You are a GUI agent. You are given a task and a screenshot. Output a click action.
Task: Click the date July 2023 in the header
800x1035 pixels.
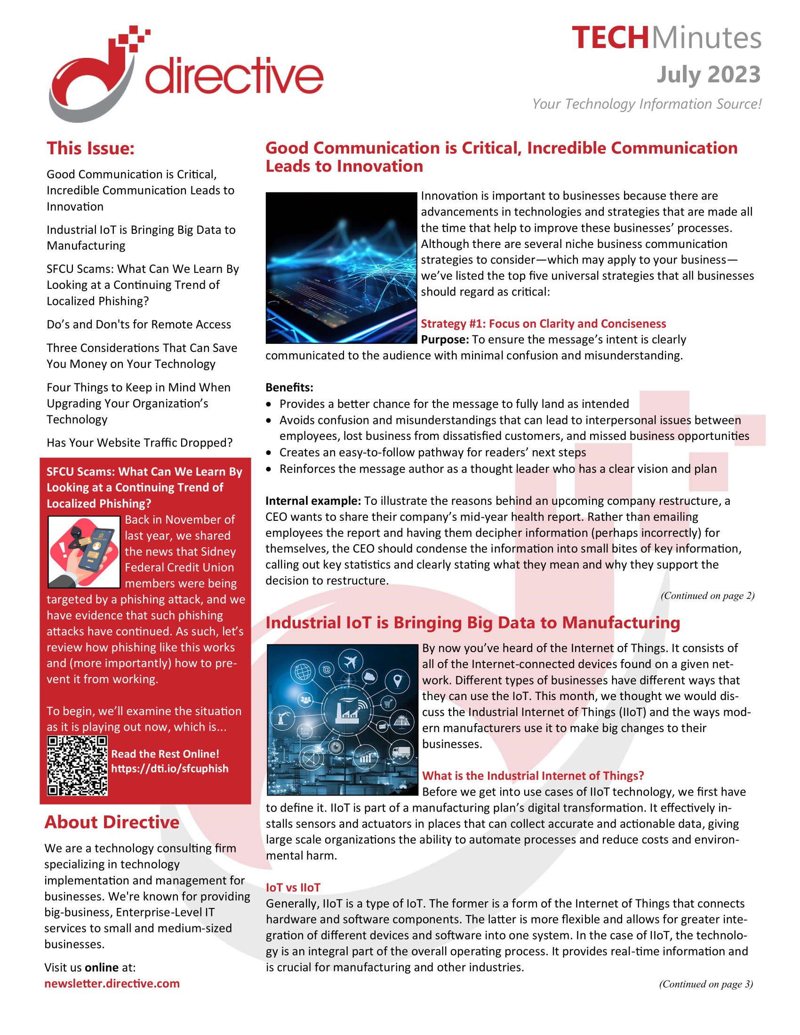coord(708,75)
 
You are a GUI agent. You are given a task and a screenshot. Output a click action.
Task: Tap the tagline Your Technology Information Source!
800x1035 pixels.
coord(647,104)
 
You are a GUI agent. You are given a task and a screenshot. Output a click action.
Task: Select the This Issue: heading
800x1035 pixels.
coord(90,148)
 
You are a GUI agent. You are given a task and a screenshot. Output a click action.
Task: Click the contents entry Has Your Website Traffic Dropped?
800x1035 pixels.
coord(139,443)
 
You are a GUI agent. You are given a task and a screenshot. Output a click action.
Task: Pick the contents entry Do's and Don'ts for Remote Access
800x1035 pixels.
coord(138,324)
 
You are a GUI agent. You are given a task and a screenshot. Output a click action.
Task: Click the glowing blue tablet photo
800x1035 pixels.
coord(341,267)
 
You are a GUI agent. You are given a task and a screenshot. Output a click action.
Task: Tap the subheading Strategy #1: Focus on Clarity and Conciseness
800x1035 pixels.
coord(543,324)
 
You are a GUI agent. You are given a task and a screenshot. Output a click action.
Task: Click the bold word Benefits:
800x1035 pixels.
coord(289,388)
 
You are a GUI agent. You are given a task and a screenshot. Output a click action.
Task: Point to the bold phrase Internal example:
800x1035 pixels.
coord(313,501)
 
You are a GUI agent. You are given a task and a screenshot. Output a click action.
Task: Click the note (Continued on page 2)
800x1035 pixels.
coord(707,596)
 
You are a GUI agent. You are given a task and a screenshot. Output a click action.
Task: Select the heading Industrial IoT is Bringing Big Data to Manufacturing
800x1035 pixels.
coord(472,623)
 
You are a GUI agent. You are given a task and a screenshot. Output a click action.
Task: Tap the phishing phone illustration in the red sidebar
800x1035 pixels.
coord(84,552)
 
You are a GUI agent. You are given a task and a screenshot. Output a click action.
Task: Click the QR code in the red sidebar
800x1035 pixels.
coord(77,765)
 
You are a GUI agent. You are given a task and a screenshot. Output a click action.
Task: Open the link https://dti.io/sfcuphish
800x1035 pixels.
coord(170,768)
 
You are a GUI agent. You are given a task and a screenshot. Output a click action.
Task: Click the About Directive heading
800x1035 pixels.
coord(112,822)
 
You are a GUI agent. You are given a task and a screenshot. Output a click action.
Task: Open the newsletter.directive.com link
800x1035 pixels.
coord(112,983)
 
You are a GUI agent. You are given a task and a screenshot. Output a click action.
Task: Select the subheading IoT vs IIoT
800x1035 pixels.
coord(293,888)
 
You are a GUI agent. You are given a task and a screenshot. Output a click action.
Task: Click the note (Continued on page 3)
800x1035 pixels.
coord(706,984)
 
